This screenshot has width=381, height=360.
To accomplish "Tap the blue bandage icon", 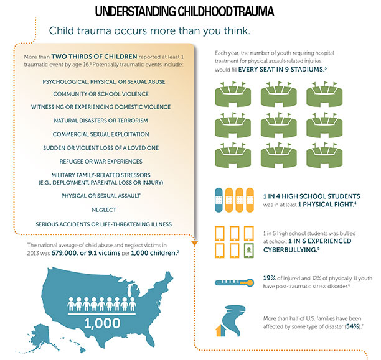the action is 219,200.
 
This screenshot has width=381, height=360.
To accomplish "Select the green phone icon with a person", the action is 248,251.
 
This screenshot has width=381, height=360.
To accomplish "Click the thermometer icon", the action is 234,282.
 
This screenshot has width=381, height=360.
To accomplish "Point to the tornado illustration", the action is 233,320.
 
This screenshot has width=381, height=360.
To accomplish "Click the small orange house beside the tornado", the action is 220,331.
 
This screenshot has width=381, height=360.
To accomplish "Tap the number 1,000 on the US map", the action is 102,323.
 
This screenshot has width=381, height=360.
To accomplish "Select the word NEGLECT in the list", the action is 104,210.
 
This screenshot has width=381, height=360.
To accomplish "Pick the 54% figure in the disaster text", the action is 353,326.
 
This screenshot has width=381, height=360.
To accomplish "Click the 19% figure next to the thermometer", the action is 269,278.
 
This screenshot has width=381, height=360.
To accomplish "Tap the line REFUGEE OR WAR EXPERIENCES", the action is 101,162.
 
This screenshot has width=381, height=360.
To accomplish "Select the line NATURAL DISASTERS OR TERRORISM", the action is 101,121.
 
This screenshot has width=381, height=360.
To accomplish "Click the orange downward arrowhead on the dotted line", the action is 195,242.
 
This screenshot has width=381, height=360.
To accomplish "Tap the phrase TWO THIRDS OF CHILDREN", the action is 94,57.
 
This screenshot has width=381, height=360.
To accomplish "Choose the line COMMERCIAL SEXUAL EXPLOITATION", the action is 101,134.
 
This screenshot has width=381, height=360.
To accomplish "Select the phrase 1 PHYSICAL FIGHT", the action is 326,205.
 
